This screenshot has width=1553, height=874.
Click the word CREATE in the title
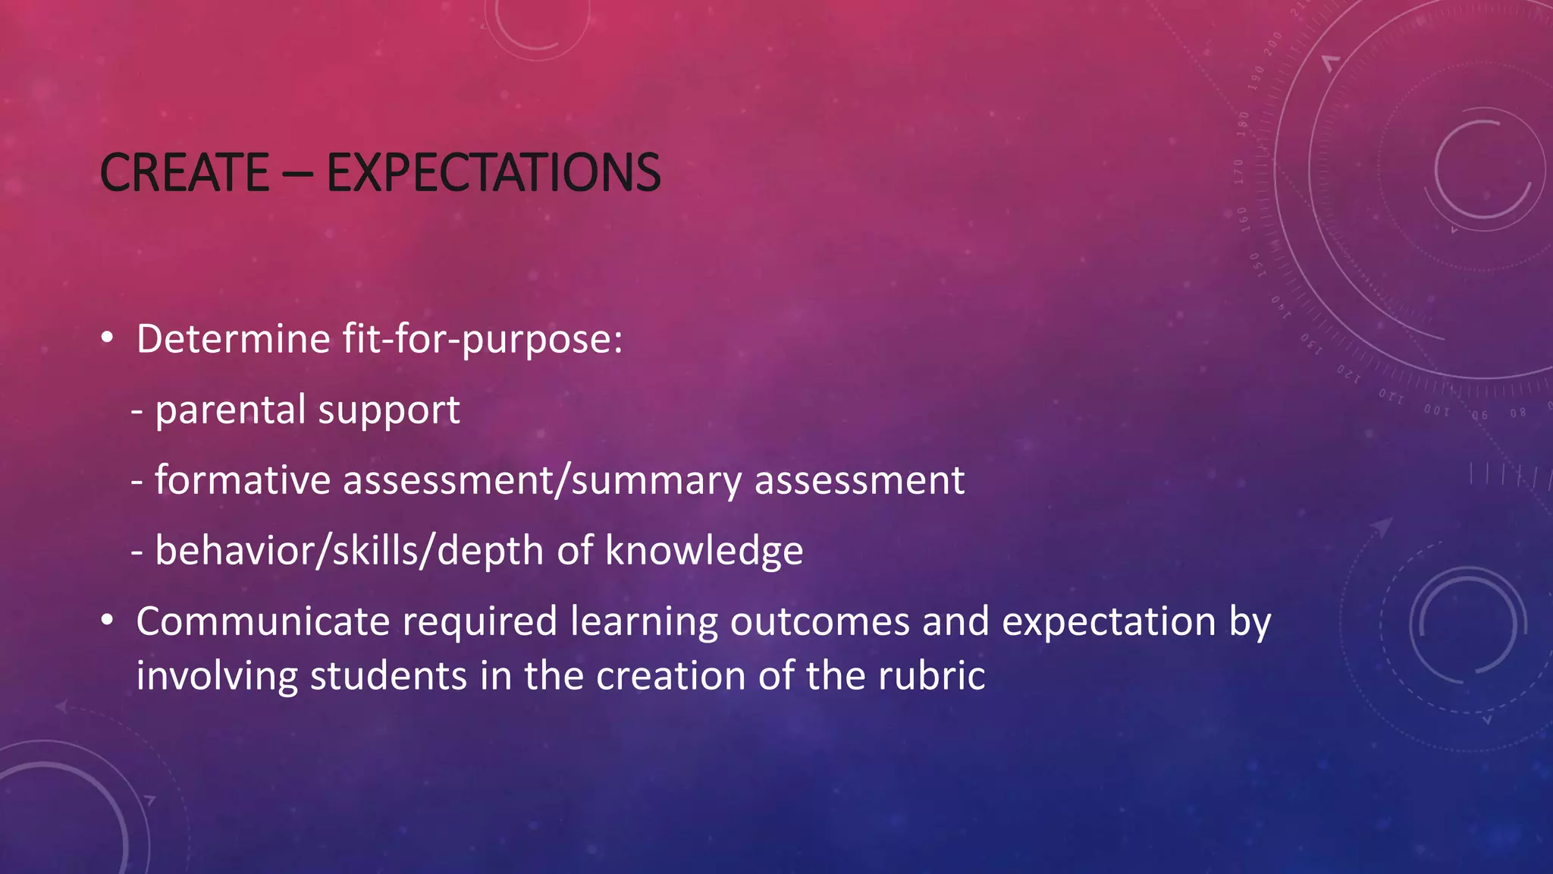point(184,173)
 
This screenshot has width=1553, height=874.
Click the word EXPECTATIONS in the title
point(494,173)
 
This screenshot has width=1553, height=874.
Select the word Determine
point(233,338)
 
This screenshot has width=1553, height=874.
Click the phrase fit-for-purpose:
point(482,338)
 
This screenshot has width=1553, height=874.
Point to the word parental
point(230,410)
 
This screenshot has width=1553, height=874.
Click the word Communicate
point(262,621)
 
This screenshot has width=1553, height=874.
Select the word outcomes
point(820,621)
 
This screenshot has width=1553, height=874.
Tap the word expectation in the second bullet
point(1109,623)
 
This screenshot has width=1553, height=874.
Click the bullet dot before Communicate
point(108,621)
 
